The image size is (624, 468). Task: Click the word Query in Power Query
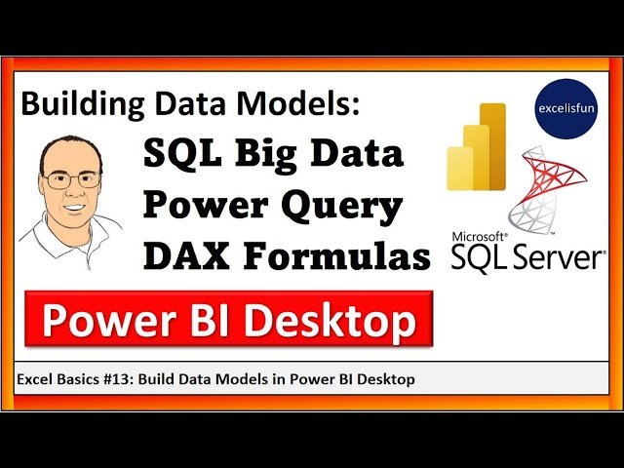pyautogui.click(x=341, y=207)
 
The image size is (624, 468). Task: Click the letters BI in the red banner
pyautogui.click(x=225, y=322)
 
